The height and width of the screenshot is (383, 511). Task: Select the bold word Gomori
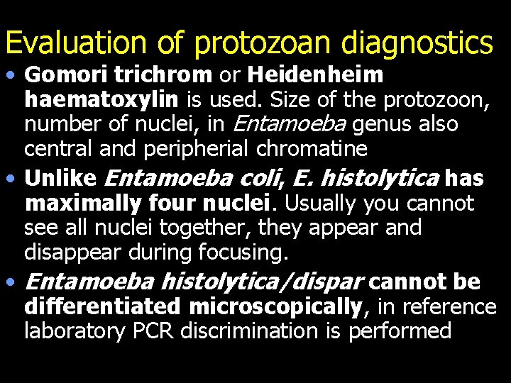click(x=60, y=75)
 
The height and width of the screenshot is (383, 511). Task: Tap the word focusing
click(x=239, y=252)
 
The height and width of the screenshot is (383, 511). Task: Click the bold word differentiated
click(x=103, y=306)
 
